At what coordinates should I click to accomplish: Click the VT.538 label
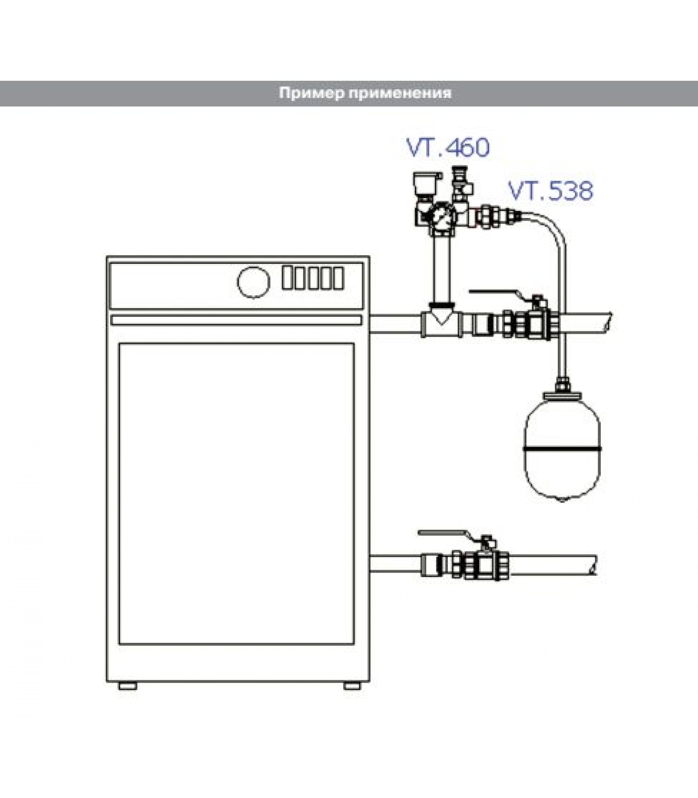(x=550, y=191)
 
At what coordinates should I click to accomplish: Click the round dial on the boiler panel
(x=254, y=282)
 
